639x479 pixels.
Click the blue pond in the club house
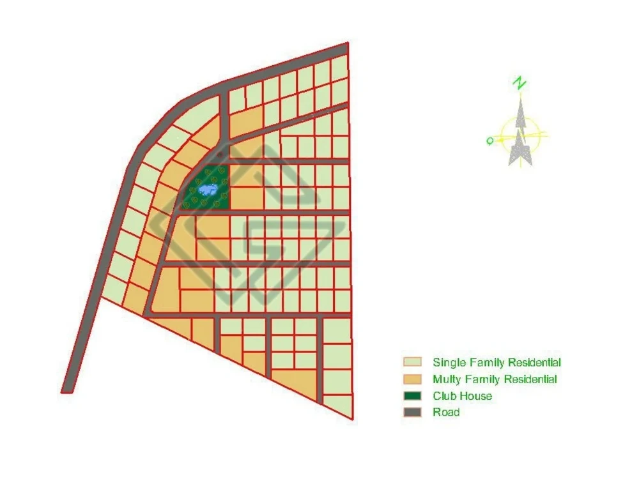(x=206, y=190)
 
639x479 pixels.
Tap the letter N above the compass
(x=521, y=83)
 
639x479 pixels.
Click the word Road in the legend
(x=446, y=413)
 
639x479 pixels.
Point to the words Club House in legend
(x=462, y=396)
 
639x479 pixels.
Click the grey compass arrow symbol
(x=521, y=137)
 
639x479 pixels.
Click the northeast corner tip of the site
(x=347, y=44)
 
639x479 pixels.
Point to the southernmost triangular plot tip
(x=351, y=418)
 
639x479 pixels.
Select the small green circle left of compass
(x=489, y=141)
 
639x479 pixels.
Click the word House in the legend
(x=477, y=396)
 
